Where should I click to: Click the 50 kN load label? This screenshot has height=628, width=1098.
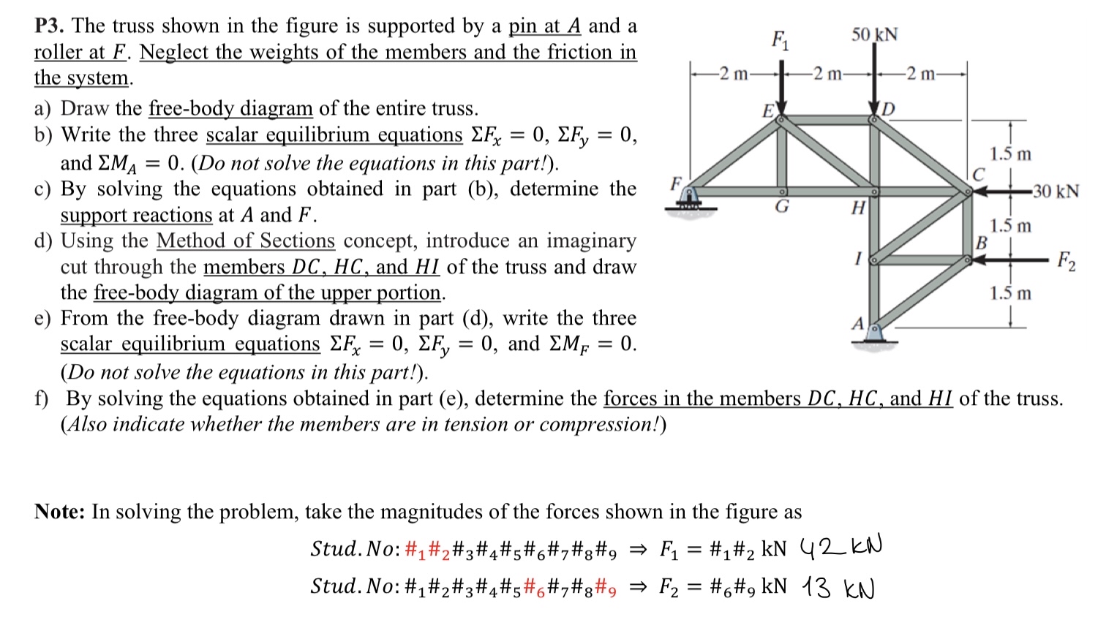coord(874,35)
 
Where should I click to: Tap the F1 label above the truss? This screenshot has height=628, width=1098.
coord(780,39)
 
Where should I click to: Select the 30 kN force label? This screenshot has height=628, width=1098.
coord(1056,192)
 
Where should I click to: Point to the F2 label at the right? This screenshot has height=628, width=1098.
coord(1067,260)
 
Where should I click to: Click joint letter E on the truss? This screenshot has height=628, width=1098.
coord(768,111)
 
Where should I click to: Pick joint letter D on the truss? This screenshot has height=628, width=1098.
coord(889,110)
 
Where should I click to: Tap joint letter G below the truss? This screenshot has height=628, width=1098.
coord(782,207)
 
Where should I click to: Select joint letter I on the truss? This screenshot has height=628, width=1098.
coord(859,258)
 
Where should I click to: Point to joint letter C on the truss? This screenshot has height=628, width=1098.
coord(978,174)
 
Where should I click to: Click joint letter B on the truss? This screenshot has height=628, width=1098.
coord(982,241)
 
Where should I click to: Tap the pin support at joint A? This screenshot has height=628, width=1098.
coord(873,332)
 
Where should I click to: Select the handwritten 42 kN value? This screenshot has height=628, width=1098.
coord(841,547)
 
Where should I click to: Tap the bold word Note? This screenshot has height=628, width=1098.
coord(59,512)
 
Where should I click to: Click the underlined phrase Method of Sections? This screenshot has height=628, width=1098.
coord(245,241)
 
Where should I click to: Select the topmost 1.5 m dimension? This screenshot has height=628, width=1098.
coord(1010,154)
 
